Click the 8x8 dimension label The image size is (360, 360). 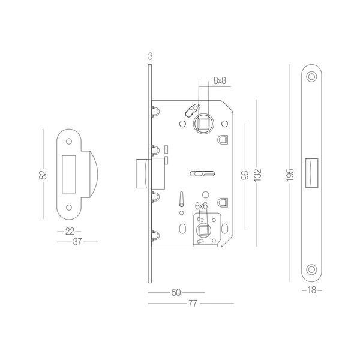220,81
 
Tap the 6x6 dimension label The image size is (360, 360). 201,206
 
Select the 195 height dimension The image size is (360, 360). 290,175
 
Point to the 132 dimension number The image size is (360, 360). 258,175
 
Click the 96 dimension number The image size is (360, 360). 245,175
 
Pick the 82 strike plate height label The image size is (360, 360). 43,175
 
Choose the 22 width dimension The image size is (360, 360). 70,232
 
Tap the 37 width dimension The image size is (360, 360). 77,242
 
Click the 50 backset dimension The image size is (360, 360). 176,293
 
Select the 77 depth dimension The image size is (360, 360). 193,304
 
